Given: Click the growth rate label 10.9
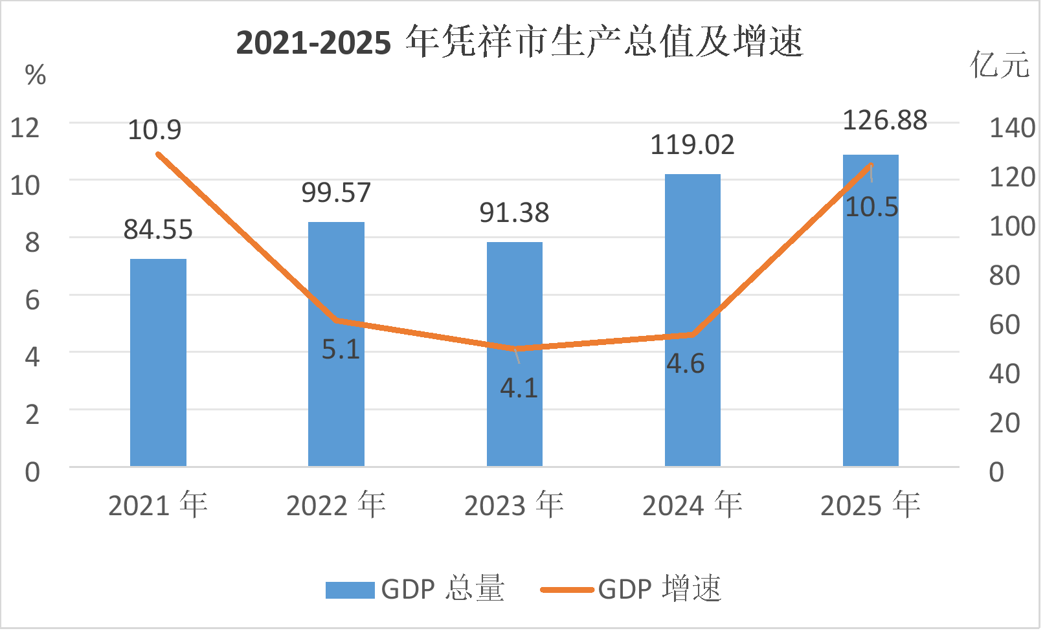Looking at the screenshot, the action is point(155,130).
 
